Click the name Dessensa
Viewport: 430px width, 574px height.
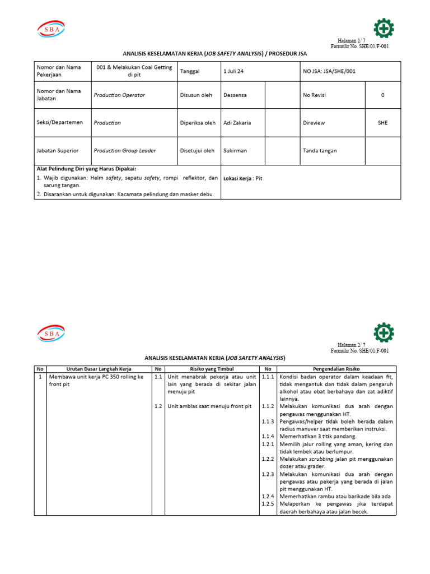tap(235, 95)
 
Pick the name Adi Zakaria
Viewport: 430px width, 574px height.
tap(237, 122)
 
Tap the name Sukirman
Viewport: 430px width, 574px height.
tap(235, 150)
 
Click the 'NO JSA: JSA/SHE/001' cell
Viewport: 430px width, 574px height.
tap(329, 71)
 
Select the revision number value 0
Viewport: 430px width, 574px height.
tap(382, 95)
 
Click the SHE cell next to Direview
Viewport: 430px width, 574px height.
tap(382, 122)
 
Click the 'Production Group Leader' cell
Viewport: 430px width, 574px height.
tap(125, 150)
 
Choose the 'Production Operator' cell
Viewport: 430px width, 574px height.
tap(119, 95)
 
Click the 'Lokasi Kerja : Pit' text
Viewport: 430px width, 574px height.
tap(242, 178)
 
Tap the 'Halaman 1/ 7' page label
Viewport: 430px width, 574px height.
tap(351, 41)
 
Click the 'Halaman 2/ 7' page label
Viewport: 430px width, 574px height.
tap(351, 345)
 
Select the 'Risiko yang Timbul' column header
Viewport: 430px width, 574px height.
tap(211, 368)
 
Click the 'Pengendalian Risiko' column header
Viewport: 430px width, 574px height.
tap(336, 368)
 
